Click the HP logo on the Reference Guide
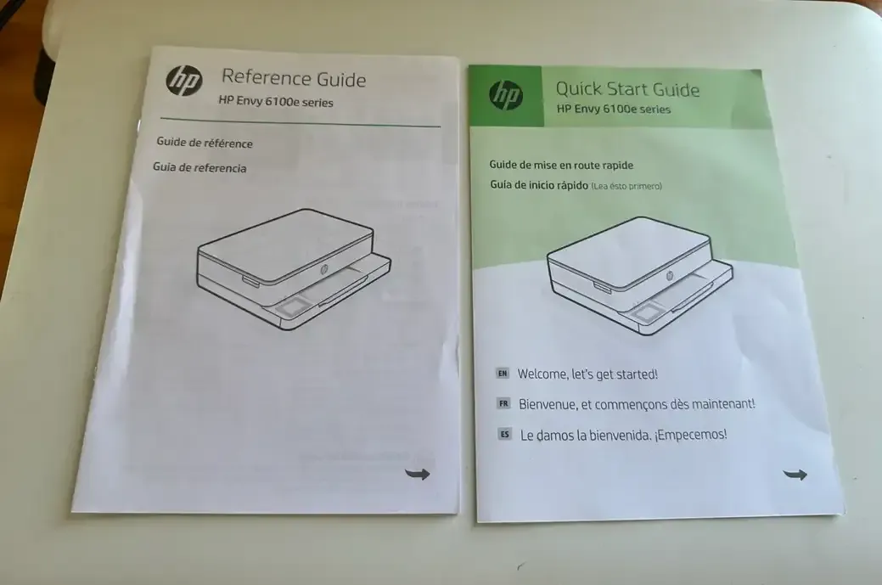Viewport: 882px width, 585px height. click(184, 81)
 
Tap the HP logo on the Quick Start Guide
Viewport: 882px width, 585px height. click(506, 95)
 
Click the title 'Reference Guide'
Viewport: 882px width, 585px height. click(294, 79)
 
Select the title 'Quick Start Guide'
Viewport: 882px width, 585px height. click(627, 89)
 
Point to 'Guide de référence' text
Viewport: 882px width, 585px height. click(205, 143)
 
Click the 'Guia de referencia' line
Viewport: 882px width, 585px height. click(199, 167)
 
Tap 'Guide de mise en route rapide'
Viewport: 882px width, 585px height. click(561, 165)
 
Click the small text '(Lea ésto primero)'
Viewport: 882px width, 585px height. click(626, 186)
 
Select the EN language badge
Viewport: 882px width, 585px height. click(503, 373)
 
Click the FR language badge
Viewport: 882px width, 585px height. click(503, 403)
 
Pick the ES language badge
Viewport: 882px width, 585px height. click(504, 434)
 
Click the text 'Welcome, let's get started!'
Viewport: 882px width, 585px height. click(587, 374)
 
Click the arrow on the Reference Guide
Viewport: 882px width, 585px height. click(418, 474)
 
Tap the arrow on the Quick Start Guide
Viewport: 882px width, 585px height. click(795, 475)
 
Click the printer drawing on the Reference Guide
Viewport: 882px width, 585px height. click(294, 269)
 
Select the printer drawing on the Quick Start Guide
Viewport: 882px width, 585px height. click(639, 276)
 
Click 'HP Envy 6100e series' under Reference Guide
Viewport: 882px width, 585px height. click(276, 102)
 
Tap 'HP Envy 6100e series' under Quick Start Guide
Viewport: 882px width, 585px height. click(614, 109)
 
